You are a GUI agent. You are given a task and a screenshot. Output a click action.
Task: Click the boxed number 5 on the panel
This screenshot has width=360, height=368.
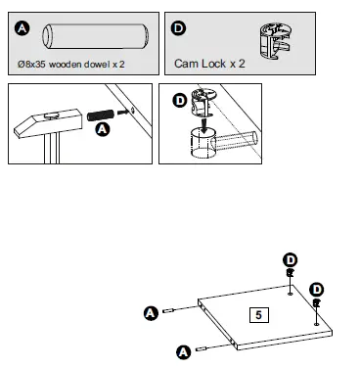[x=257, y=315]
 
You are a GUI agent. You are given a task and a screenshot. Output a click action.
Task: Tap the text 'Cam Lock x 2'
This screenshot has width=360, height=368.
[x=210, y=65]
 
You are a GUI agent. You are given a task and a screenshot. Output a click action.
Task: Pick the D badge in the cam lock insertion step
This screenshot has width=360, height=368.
[x=180, y=101]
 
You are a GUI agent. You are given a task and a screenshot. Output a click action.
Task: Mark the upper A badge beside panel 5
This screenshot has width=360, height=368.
[x=151, y=313]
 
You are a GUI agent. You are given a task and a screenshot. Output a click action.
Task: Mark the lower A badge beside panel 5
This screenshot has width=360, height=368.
[x=183, y=349]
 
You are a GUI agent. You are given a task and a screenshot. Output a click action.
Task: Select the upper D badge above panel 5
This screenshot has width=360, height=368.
[x=291, y=259]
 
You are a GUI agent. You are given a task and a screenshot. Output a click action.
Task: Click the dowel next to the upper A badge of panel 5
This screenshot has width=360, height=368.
[x=170, y=311]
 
